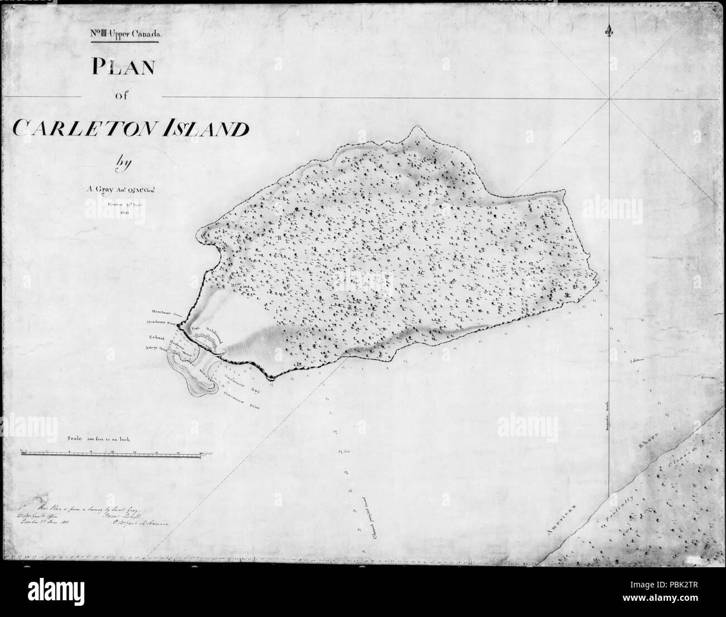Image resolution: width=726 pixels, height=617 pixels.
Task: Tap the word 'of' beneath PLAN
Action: [122, 95]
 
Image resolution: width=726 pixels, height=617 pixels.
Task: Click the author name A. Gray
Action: [98, 188]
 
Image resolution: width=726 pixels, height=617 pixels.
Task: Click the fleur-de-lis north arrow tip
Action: [608, 31]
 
